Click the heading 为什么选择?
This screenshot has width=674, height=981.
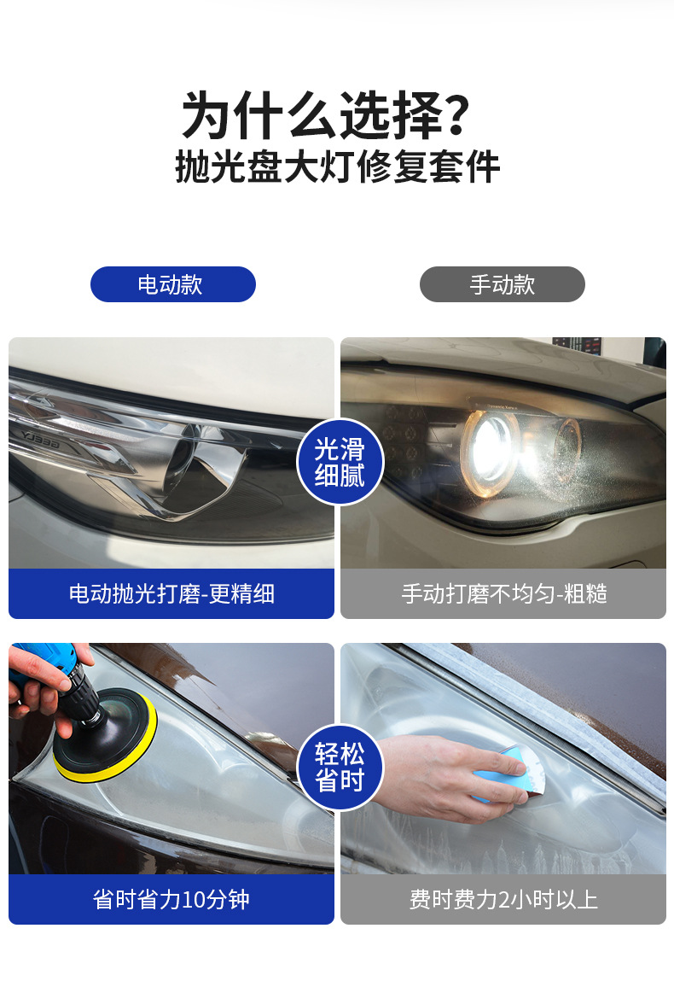pyautogui.click(x=326, y=116)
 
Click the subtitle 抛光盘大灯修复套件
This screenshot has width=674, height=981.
pyautogui.click(x=338, y=167)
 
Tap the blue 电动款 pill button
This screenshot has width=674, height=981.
pyautogui.click(x=173, y=284)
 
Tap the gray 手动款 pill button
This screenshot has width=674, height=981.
pyautogui.click(x=502, y=284)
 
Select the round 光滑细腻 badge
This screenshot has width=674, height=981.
pyautogui.click(x=340, y=462)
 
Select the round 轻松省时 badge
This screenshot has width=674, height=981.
pyautogui.click(x=340, y=767)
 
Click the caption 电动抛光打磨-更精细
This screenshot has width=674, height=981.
pyautogui.click(x=172, y=593)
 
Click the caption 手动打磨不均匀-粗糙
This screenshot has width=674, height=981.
pyautogui.click(x=504, y=593)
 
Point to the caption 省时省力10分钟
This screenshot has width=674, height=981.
pyautogui.click(x=171, y=899)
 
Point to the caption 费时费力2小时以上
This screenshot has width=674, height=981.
pyautogui.click(x=504, y=899)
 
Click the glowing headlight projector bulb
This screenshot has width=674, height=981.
pyautogui.click(x=489, y=446)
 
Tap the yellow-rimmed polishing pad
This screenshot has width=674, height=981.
pyautogui.click(x=105, y=736)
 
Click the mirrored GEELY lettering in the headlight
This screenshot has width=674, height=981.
pyautogui.click(x=40, y=440)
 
